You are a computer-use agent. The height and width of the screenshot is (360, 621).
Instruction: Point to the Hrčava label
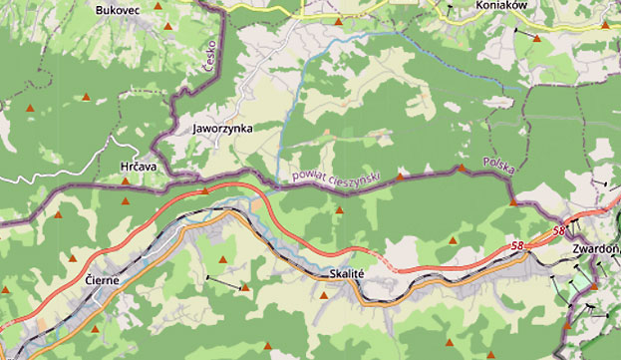point(139,167)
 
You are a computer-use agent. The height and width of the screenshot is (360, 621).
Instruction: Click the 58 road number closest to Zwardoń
point(559,231)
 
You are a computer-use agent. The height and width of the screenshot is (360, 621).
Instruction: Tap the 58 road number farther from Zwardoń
point(516,245)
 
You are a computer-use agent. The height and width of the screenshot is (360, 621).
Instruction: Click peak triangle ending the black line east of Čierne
point(245,287)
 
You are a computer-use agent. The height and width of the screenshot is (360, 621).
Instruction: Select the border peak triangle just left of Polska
point(462,169)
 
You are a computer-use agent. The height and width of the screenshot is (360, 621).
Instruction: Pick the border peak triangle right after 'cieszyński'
point(402,176)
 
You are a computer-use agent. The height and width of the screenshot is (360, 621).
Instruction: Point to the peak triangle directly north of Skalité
point(339,210)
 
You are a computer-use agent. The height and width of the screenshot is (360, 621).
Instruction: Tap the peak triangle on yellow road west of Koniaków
point(338,19)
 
